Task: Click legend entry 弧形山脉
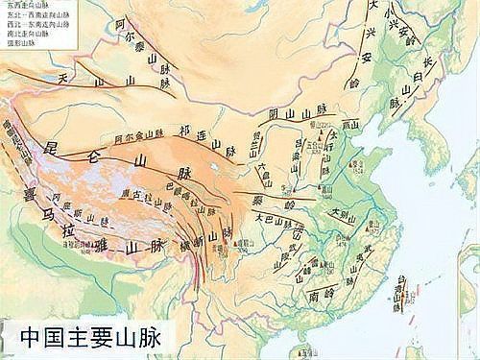[x=23, y=43]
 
